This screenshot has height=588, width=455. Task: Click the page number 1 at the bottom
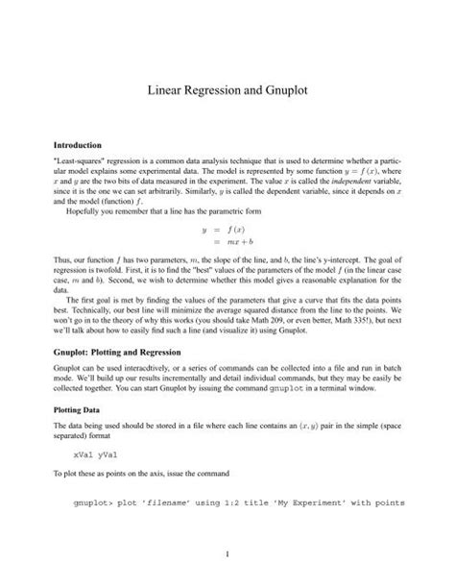point(227,555)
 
